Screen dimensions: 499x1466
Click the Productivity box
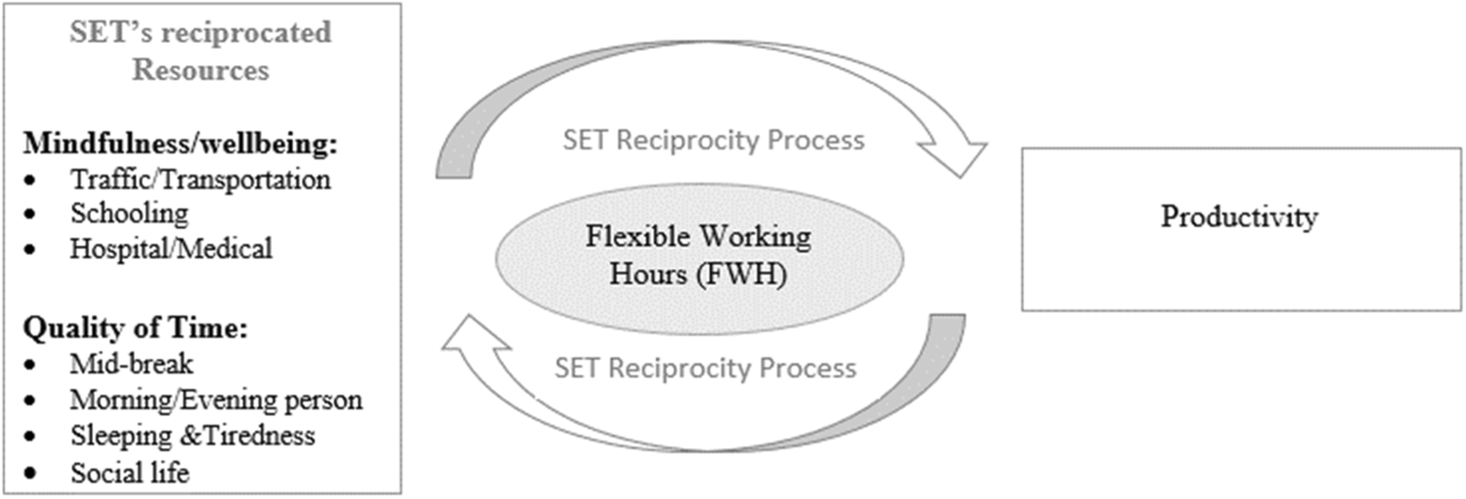point(1239,229)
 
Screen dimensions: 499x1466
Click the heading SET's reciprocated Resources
point(200,51)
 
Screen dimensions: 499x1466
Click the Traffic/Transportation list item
point(199,180)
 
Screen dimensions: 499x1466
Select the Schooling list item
point(128,214)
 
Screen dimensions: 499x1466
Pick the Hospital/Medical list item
point(170,248)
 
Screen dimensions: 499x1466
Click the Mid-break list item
point(131,363)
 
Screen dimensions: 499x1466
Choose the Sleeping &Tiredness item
point(192,434)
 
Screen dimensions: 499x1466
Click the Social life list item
point(129,473)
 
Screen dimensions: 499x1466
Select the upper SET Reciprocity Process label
point(713,140)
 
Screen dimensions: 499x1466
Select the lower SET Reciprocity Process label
point(705,368)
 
